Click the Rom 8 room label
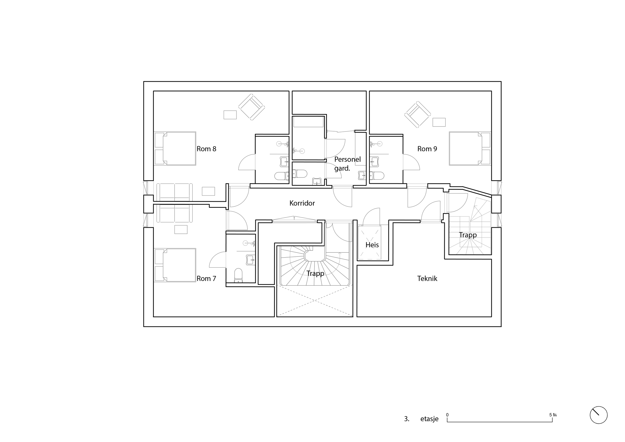[206, 149]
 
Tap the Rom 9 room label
[427, 149]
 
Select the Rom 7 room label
[206, 279]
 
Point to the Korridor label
[302, 203]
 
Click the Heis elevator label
[372, 245]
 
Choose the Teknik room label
[427, 279]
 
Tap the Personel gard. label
[347, 164]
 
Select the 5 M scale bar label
[552, 415]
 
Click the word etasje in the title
[429, 419]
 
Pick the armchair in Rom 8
[251, 107]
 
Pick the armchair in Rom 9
[417, 114]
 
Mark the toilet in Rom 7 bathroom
[238, 275]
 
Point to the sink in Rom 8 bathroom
[284, 162]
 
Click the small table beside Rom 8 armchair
[230, 114]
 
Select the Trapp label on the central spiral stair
[315, 273]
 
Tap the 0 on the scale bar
[447, 415]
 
